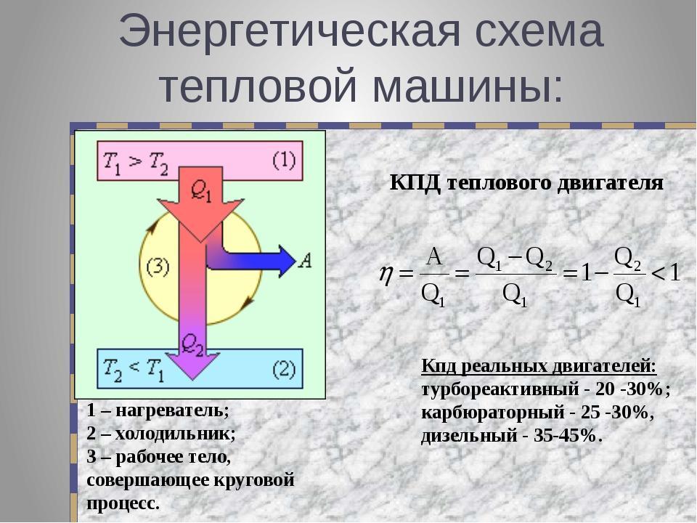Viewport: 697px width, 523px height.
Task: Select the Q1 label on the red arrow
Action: [201, 192]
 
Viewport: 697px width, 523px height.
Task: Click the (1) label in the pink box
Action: [284, 160]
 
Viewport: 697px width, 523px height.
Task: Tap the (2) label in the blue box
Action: [284, 369]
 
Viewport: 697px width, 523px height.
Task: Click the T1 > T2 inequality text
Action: [136, 163]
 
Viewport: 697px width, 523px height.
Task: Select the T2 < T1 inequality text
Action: [134, 370]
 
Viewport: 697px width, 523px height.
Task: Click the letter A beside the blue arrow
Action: [305, 261]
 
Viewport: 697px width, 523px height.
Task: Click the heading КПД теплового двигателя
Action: [526, 183]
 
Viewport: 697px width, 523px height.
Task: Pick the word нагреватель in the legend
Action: [172, 410]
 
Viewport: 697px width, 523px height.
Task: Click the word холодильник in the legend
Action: [175, 433]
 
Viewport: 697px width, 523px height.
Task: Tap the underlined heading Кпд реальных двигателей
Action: [539, 367]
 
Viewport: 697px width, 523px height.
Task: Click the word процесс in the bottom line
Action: [123, 504]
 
